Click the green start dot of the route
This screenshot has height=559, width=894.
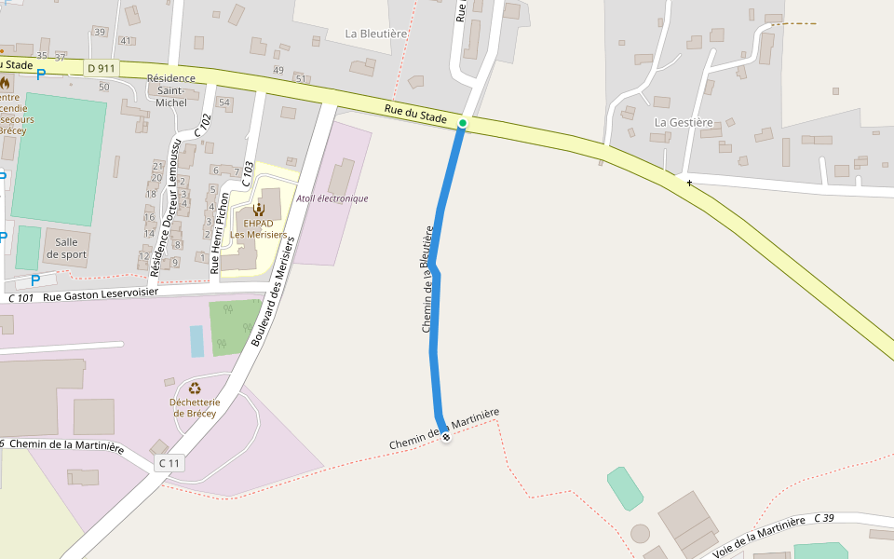[463, 123]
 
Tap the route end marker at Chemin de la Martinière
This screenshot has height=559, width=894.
[446, 437]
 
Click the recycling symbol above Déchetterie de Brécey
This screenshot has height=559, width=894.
[195, 389]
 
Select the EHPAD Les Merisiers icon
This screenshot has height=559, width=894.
[259, 209]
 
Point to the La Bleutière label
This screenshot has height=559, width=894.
[376, 34]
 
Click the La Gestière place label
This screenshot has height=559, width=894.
[684, 122]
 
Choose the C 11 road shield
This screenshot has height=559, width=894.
[169, 462]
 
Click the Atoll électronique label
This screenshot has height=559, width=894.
[332, 198]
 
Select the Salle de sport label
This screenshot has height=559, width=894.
[66, 248]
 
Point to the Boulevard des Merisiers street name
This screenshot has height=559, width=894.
[273, 291]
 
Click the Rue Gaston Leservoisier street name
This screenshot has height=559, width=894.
[101, 295]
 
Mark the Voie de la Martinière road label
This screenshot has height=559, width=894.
[758, 539]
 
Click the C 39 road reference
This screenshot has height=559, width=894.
[824, 518]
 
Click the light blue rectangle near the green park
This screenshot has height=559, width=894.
[196, 341]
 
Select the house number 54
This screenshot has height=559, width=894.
[223, 102]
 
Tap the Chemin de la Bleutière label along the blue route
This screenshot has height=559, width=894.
[428, 279]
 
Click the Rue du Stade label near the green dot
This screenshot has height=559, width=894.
[416, 115]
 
